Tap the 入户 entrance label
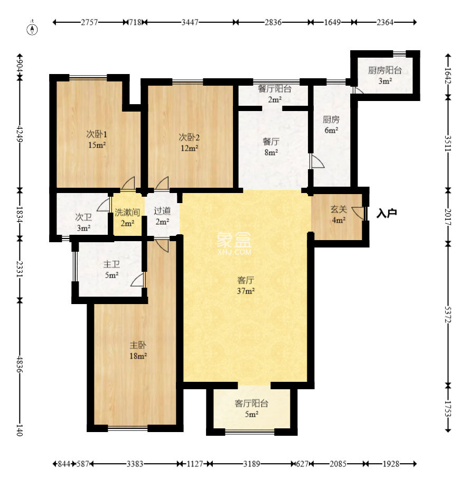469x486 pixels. (x=387, y=213)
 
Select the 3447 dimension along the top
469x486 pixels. (x=190, y=22)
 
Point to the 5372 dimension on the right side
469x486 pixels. (x=448, y=314)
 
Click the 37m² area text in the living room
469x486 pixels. (x=246, y=291)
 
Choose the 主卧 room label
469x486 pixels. (x=138, y=345)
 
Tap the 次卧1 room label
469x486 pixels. (x=97, y=134)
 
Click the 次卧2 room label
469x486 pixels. (x=189, y=137)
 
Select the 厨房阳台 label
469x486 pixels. (x=385, y=70)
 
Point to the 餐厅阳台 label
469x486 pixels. (x=275, y=89)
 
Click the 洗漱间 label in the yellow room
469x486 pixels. (x=127, y=212)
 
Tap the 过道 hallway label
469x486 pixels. (x=162, y=211)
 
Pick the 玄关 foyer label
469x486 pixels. (x=339, y=209)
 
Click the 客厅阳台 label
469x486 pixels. (x=251, y=404)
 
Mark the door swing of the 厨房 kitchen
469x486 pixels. (x=317, y=161)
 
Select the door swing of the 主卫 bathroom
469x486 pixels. (x=138, y=280)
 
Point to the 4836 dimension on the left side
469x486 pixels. (x=20, y=364)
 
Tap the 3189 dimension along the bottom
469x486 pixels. (x=251, y=464)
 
